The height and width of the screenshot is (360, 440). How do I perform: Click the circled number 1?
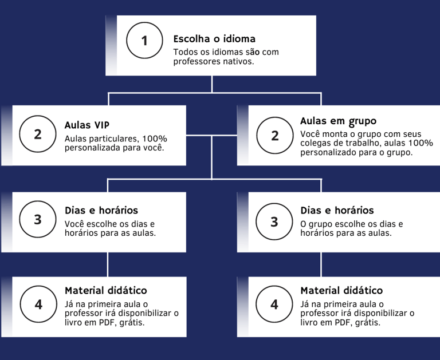pyautogui.click(x=144, y=41)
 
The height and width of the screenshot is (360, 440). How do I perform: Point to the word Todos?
pyautogui.click(x=184, y=52)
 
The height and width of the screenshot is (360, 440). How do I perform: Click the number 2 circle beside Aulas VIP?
pyautogui.click(x=38, y=134)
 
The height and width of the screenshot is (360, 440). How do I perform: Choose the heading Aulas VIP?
pyautogui.click(x=87, y=125)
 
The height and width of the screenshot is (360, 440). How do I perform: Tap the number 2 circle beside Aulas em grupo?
pyautogui.click(x=274, y=135)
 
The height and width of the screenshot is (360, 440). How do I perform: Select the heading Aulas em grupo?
pyautogui.click(x=338, y=121)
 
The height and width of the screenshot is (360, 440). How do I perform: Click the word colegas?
pyautogui.click(x=316, y=143)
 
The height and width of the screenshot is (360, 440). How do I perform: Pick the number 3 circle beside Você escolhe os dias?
pyautogui.click(x=38, y=220)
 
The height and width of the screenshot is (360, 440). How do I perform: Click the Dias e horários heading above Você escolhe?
pyautogui.click(x=101, y=211)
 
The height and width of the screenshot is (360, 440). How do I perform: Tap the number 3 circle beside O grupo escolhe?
pyautogui.click(x=274, y=221)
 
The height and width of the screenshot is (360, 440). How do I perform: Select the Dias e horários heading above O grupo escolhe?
pyautogui.click(x=337, y=211)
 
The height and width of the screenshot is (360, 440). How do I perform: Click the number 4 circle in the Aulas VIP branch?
pyautogui.click(x=38, y=304)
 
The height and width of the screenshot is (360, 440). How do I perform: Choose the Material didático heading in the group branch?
pyautogui.click(x=341, y=291)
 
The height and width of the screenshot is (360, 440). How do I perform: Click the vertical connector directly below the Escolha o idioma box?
pyautogui.click(x=212, y=84)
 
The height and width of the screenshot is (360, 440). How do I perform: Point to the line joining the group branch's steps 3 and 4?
pyautogui.click(x=321, y=264)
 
